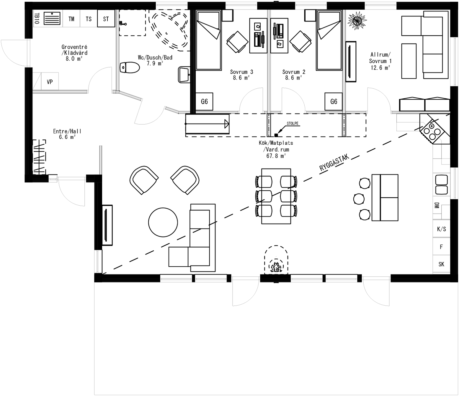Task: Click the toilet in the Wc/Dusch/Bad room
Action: (x=130, y=67)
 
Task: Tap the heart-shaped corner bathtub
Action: (x=169, y=29)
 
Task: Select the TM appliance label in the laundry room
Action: (x=71, y=19)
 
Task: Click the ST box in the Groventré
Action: (x=106, y=19)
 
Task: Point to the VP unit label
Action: (x=50, y=82)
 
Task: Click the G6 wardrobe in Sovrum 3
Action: (x=204, y=102)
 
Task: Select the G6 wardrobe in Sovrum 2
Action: (x=334, y=102)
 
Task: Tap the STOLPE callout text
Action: (x=293, y=123)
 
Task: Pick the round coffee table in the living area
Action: (x=163, y=222)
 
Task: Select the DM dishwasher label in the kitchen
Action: (x=437, y=205)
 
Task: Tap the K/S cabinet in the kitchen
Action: (x=441, y=229)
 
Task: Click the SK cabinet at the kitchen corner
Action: (x=441, y=264)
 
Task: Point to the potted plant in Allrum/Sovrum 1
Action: (x=357, y=21)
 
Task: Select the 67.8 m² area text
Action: (x=276, y=156)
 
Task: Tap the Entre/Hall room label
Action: (x=67, y=131)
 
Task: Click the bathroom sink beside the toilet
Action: (x=184, y=75)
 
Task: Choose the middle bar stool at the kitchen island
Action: (x=359, y=199)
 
